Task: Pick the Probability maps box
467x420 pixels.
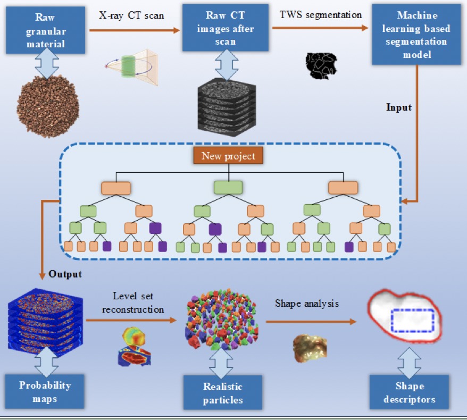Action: click(45, 391)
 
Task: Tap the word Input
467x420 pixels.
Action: click(399, 107)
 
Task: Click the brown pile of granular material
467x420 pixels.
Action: click(48, 106)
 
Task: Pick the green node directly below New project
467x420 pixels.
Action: click(228, 187)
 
